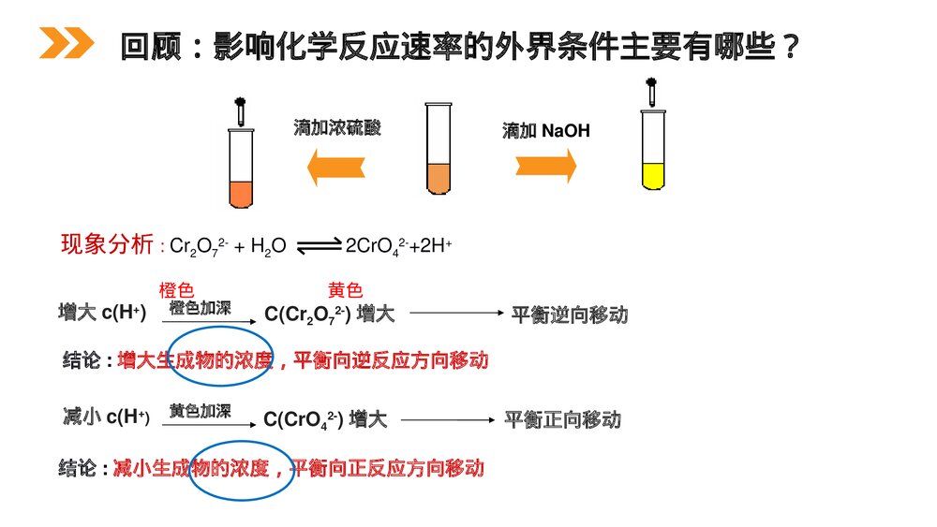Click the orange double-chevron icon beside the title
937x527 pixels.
[x=66, y=43]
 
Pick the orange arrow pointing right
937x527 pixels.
[x=545, y=165]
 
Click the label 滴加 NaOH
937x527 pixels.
[x=546, y=131]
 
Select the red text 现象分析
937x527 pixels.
[x=107, y=245]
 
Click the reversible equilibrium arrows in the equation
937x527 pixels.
[x=320, y=246]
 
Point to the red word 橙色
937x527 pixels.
[x=176, y=291]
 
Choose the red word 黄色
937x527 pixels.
[x=345, y=291]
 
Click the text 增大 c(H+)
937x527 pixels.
[x=102, y=313]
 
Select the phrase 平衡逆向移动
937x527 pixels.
[x=569, y=315]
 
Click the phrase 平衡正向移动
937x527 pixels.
[x=562, y=419]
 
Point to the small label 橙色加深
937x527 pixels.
[x=200, y=308]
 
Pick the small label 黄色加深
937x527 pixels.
[x=200, y=411]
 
